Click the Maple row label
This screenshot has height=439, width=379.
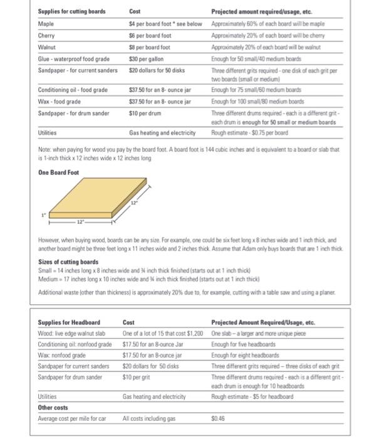(45, 24)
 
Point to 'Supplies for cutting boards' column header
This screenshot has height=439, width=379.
(71, 12)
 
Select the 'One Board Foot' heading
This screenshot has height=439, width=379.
(58, 172)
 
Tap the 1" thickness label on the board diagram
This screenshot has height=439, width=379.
(43, 215)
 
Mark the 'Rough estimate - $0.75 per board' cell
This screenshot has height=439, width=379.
(251, 133)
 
